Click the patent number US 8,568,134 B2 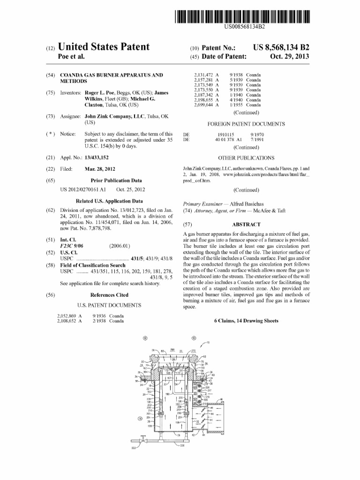281,47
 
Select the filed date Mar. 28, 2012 100,169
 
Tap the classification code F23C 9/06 74,246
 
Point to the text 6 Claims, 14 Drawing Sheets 246,321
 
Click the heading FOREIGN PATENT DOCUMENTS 246,124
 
